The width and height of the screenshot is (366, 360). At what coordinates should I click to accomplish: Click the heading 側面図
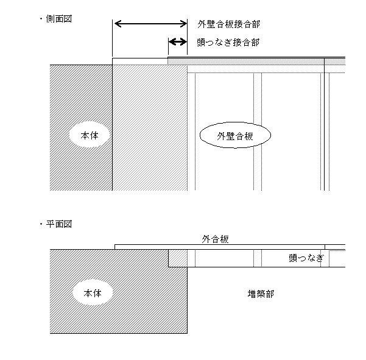tap(59, 19)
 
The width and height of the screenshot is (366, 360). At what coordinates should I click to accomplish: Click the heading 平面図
tap(59, 224)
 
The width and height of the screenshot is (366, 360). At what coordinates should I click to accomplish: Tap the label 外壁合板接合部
tap(228, 24)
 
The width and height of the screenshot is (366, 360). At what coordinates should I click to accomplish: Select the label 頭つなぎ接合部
tap(228, 43)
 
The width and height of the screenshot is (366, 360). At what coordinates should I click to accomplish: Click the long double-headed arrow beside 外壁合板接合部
tap(151, 24)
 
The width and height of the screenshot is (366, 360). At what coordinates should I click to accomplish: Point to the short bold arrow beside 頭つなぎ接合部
tap(178, 42)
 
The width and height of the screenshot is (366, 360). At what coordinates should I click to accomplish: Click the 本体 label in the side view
tap(90, 135)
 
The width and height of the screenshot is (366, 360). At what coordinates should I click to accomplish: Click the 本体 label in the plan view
tap(93, 293)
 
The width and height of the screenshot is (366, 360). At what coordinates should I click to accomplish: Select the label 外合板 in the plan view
tap(215, 239)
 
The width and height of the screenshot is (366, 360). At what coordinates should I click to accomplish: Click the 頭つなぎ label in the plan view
tap(306, 258)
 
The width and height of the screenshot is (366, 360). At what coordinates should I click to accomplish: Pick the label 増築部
tap(261, 294)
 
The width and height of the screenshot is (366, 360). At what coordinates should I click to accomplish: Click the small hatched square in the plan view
tap(178, 258)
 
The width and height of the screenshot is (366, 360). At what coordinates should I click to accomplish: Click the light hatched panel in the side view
tap(150, 128)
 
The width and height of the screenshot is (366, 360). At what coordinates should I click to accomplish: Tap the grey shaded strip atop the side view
tap(256, 62)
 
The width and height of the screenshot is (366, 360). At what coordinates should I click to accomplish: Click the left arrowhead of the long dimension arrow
tap(118, 24)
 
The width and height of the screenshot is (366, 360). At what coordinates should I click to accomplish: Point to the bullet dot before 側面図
tap(41, 19)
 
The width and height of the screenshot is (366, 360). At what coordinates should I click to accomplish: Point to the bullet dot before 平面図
tap(41, 224)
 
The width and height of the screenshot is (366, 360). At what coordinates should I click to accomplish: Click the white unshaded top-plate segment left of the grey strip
tap(140, 62)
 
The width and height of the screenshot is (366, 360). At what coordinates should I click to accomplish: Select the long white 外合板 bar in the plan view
tap(220, 247)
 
